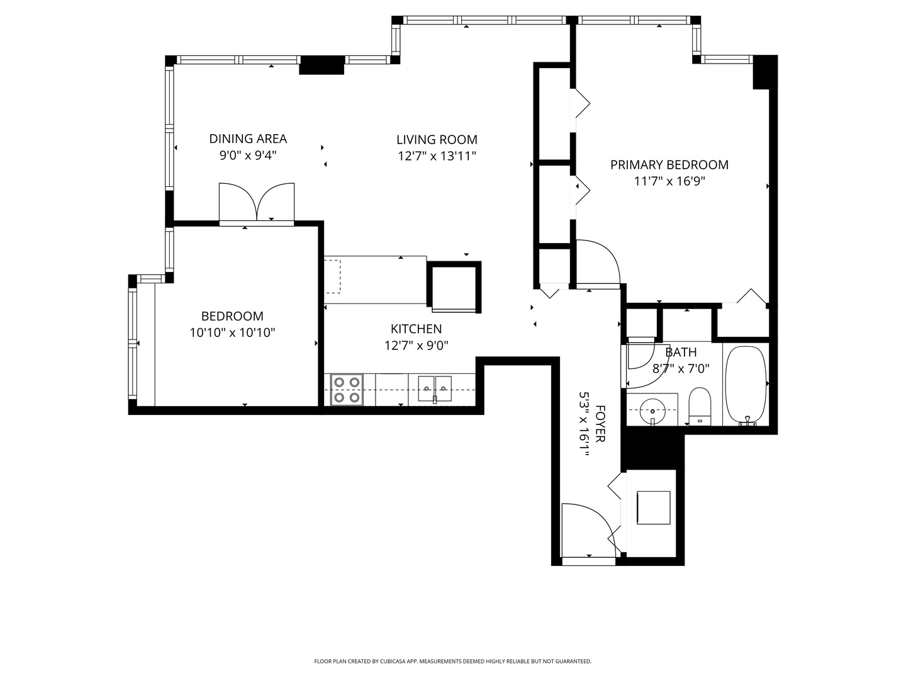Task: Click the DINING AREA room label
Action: coord(248,139)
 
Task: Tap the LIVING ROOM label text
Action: coord(437,140)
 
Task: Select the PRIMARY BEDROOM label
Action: coord(669,165)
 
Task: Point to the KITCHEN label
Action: coord(416,329)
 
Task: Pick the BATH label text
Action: coord(681,353)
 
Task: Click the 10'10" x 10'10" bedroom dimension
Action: coord(233,332)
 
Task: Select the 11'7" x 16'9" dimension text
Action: coord(669,181)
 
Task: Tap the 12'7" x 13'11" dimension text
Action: coord(437,156)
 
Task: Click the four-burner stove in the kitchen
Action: coord(347,390)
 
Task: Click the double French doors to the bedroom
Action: coord(257,203)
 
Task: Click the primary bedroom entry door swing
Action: coord(598,262)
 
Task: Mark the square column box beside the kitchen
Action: coord(454,286)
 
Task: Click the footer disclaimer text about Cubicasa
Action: coord(452,661)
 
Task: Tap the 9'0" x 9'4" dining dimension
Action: coord(248,155)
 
